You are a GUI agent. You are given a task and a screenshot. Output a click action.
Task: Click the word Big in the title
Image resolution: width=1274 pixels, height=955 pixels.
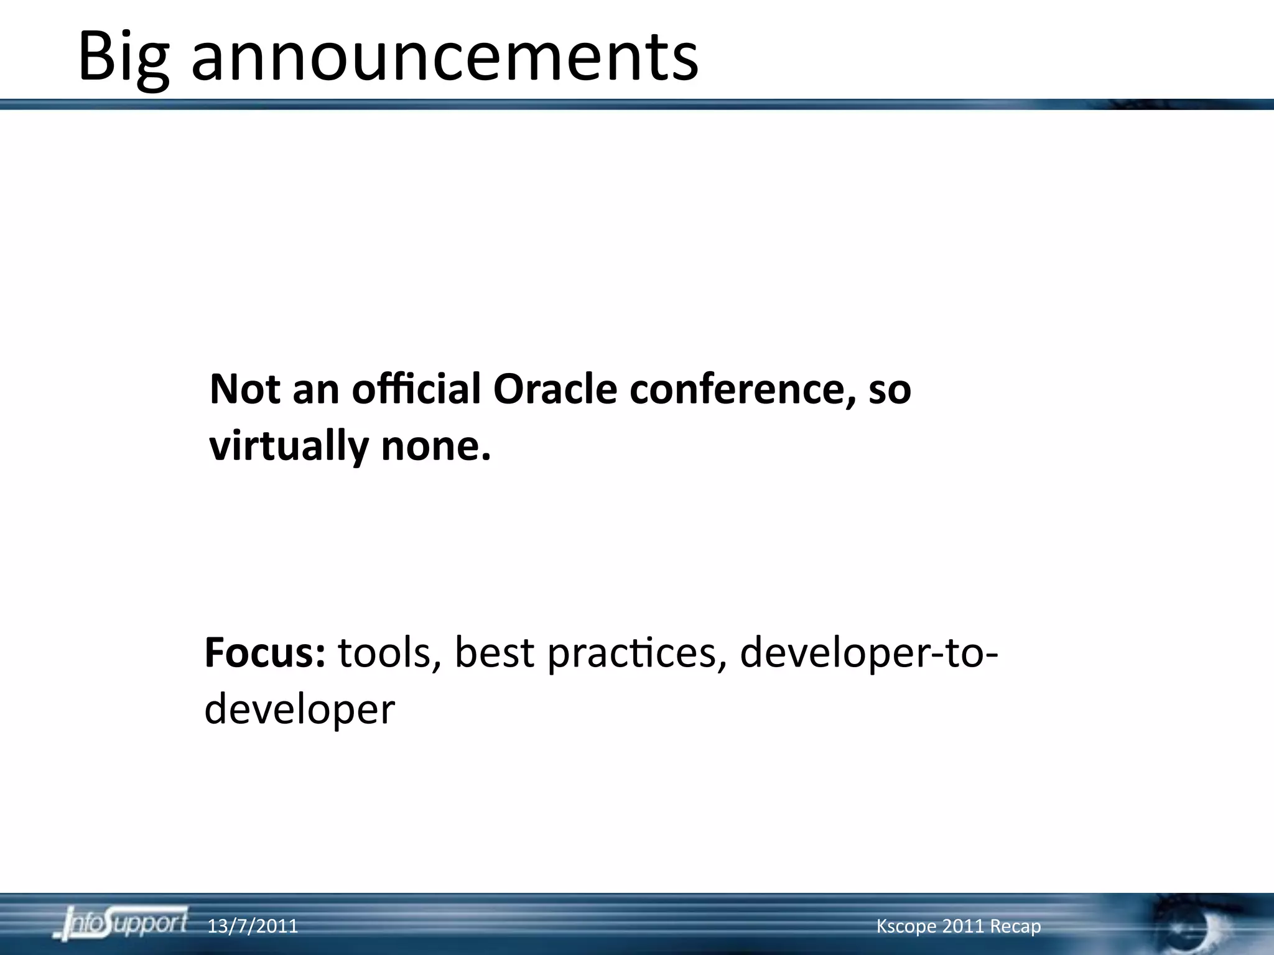[123, 57]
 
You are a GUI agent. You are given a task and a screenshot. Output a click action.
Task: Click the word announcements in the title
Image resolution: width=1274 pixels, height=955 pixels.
[445, 57]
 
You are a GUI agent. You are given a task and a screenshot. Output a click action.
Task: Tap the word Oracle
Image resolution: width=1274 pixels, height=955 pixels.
[555, 389]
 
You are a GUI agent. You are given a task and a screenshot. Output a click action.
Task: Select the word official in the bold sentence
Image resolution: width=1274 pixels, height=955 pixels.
[416, 389]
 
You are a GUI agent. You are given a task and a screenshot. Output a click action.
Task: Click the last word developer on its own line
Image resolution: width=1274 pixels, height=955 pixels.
[299, 709]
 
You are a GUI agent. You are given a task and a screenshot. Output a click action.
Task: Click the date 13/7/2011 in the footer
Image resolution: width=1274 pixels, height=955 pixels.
[253, 926]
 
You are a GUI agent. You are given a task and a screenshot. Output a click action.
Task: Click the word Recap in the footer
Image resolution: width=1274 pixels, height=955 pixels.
[1015, 926]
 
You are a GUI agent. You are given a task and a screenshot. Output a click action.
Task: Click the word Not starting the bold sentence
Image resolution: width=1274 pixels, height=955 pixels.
[244, 389]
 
